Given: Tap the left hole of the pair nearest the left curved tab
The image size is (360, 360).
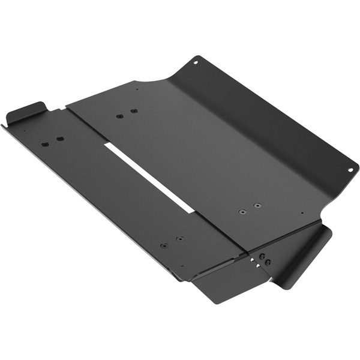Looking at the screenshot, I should tap(45, 144).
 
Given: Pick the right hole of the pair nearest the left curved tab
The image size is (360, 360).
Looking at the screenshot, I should tap(60, 139).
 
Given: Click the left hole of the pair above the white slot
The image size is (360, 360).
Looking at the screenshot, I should tap(119, 116).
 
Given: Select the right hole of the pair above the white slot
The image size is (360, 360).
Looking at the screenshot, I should tap(133, 111).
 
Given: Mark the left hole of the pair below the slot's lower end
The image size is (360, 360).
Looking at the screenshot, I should tap(164, 245).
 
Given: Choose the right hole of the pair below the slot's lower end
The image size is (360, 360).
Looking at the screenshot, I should tap(179, 238).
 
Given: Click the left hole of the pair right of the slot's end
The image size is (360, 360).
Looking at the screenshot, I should tap(242, 212).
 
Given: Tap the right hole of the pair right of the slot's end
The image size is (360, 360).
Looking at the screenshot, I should tap(257, 206).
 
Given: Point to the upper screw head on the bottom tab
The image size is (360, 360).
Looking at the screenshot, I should tap(262, 256).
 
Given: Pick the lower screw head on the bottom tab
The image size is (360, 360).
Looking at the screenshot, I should tap(267, 263).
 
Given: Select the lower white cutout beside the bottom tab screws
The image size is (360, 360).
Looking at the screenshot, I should tap(258, 268).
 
